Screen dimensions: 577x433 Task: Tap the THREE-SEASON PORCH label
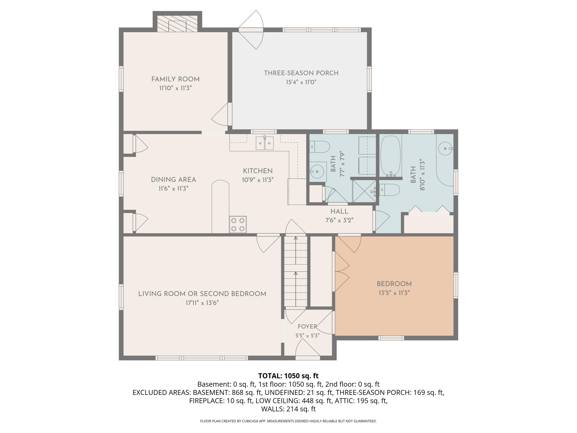(301, 73)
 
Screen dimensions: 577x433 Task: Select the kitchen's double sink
(264, 143)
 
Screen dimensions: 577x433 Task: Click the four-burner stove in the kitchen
(238, 224)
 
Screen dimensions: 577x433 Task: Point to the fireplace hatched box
(177, 24)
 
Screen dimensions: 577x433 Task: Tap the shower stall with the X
(364, 191)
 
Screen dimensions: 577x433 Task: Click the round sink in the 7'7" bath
(317, 171)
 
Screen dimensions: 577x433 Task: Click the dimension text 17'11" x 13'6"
(202, 303)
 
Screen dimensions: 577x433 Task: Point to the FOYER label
(307, 327)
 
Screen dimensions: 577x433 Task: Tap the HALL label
(339, 211)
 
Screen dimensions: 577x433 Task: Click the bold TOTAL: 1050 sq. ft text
(288, 376)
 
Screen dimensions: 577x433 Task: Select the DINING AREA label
(173, 180)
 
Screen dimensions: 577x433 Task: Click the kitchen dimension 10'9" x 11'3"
(258, 180)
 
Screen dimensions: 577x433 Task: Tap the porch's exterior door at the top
(251, 30)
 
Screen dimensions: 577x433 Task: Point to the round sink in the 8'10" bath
(445, 149)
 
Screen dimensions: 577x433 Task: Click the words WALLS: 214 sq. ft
(288, 409)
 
